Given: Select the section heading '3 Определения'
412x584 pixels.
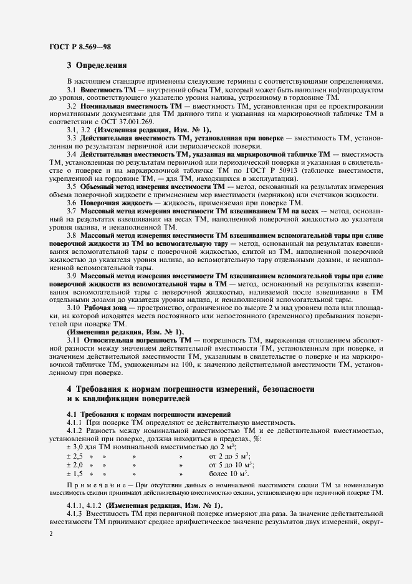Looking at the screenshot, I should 97,65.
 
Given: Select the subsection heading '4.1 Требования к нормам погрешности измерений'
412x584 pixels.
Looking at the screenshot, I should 140,414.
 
